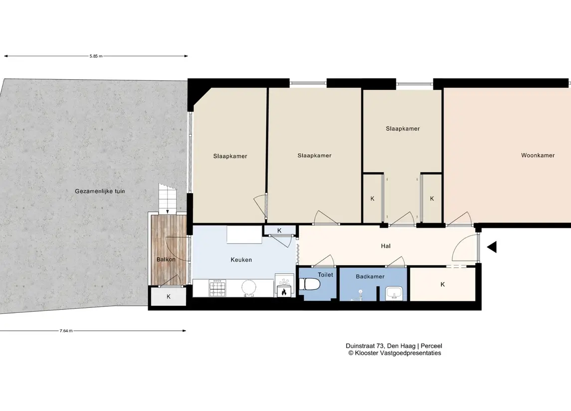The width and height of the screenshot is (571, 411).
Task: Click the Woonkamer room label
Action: coord(538,155)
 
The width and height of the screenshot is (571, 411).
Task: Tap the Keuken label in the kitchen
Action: coord(241,260)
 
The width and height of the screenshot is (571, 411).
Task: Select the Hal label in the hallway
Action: coord(385,246)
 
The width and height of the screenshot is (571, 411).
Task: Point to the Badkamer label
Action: coord(370,276)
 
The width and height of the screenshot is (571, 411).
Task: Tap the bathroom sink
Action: coord(393,293)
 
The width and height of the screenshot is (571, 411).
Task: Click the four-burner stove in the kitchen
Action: coord(217,288)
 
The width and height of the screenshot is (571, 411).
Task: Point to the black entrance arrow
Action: coord(492,247)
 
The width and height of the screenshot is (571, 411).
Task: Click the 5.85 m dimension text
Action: coord(96,56)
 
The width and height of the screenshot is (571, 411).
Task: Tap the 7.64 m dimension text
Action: coord(66,331)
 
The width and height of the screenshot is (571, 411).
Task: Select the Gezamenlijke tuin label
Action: coord(100,191)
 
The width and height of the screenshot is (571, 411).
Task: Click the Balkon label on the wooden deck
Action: coord(166,260)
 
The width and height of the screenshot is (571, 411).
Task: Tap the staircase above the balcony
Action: coord(167,199)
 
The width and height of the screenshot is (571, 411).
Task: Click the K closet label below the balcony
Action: coord(169,297)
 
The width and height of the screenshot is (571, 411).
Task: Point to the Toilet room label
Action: coord(325,274)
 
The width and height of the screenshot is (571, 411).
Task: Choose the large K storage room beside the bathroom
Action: coord(442,284)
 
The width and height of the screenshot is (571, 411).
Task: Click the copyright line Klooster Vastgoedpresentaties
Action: coord(395,353)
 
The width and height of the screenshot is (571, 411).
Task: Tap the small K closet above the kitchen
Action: coord(279,230)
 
